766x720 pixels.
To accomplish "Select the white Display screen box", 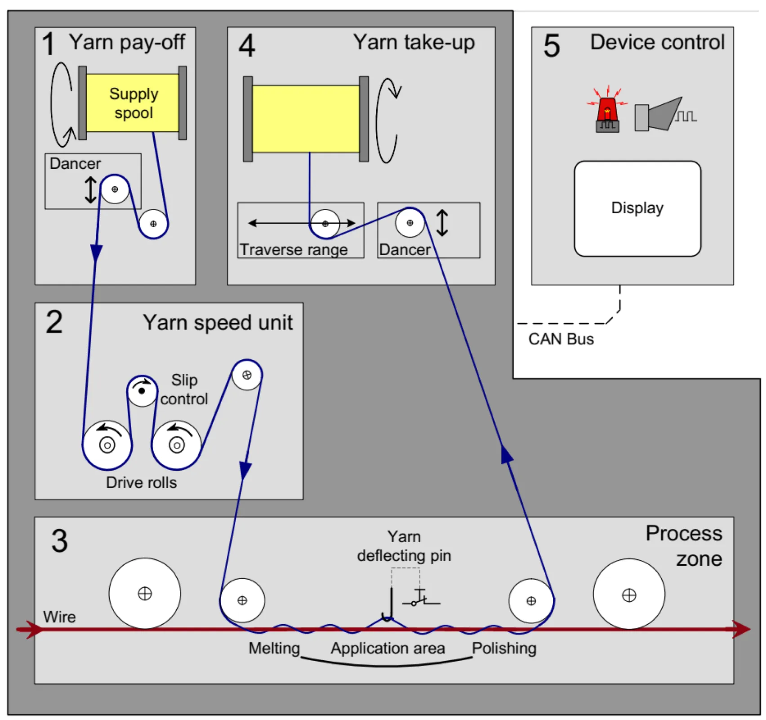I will (637, 208).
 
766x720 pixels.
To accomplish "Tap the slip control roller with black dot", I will (142, 391).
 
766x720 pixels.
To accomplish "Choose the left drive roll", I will (107, 445).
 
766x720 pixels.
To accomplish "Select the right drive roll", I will (177, 445).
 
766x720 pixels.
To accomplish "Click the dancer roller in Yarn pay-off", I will (115, 189).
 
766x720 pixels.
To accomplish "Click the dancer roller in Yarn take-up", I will (409, 223).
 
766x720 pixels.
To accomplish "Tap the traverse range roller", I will (325, 224).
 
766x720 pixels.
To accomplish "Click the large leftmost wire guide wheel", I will (145, 593).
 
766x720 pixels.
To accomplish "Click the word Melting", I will (274, 648).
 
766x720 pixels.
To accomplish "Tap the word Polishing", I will (503, 648).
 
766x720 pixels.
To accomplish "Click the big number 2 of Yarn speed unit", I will (54, 322).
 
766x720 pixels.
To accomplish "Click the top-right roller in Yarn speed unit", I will (246, 375).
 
